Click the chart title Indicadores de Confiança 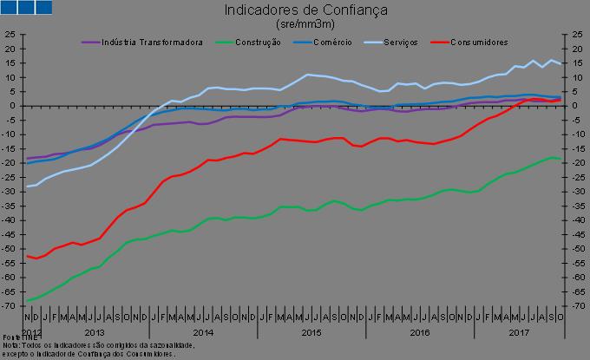(294, 10)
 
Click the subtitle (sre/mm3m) (294, 24)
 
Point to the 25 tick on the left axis (10, 35)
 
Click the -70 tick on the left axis (10, 306)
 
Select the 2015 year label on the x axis (311, 333)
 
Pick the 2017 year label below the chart (519, 333)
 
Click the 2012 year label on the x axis (31, 333)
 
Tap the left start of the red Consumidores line (28, 256)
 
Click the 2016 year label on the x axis (419, 333)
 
